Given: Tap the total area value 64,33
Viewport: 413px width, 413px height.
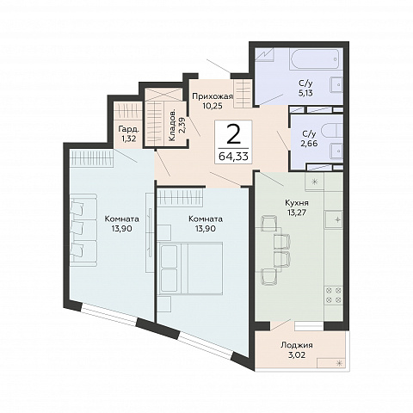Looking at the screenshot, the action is tap(233, 157).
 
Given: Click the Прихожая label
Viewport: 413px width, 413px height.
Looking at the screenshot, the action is tap(213, 96).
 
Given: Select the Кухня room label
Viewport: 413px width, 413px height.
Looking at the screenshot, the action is tap(297, 203).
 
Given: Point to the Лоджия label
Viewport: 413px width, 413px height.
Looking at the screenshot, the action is tap(297, 345).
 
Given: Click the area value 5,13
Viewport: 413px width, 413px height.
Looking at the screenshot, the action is tap(305, 93).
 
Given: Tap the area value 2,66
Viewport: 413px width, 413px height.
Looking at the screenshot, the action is tap(310, 143).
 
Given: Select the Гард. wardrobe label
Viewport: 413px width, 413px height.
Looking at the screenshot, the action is tap(129, 129).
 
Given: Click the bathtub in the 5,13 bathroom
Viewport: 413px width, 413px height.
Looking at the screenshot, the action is tap(316, 59).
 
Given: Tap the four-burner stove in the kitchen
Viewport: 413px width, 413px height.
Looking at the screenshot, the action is tap(334, 295).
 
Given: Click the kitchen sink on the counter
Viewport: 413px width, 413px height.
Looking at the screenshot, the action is tap(334, 219).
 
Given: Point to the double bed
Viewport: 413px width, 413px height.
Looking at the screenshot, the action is tap(190, 268).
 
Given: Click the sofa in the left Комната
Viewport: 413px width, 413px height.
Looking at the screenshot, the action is tap(83, 230).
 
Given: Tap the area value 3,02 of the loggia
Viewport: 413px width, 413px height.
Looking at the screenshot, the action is tap(297, 355).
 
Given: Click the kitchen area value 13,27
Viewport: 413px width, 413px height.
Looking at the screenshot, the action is tap(297, 213).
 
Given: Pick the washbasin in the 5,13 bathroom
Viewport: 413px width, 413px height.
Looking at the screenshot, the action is tap(336, 85).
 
